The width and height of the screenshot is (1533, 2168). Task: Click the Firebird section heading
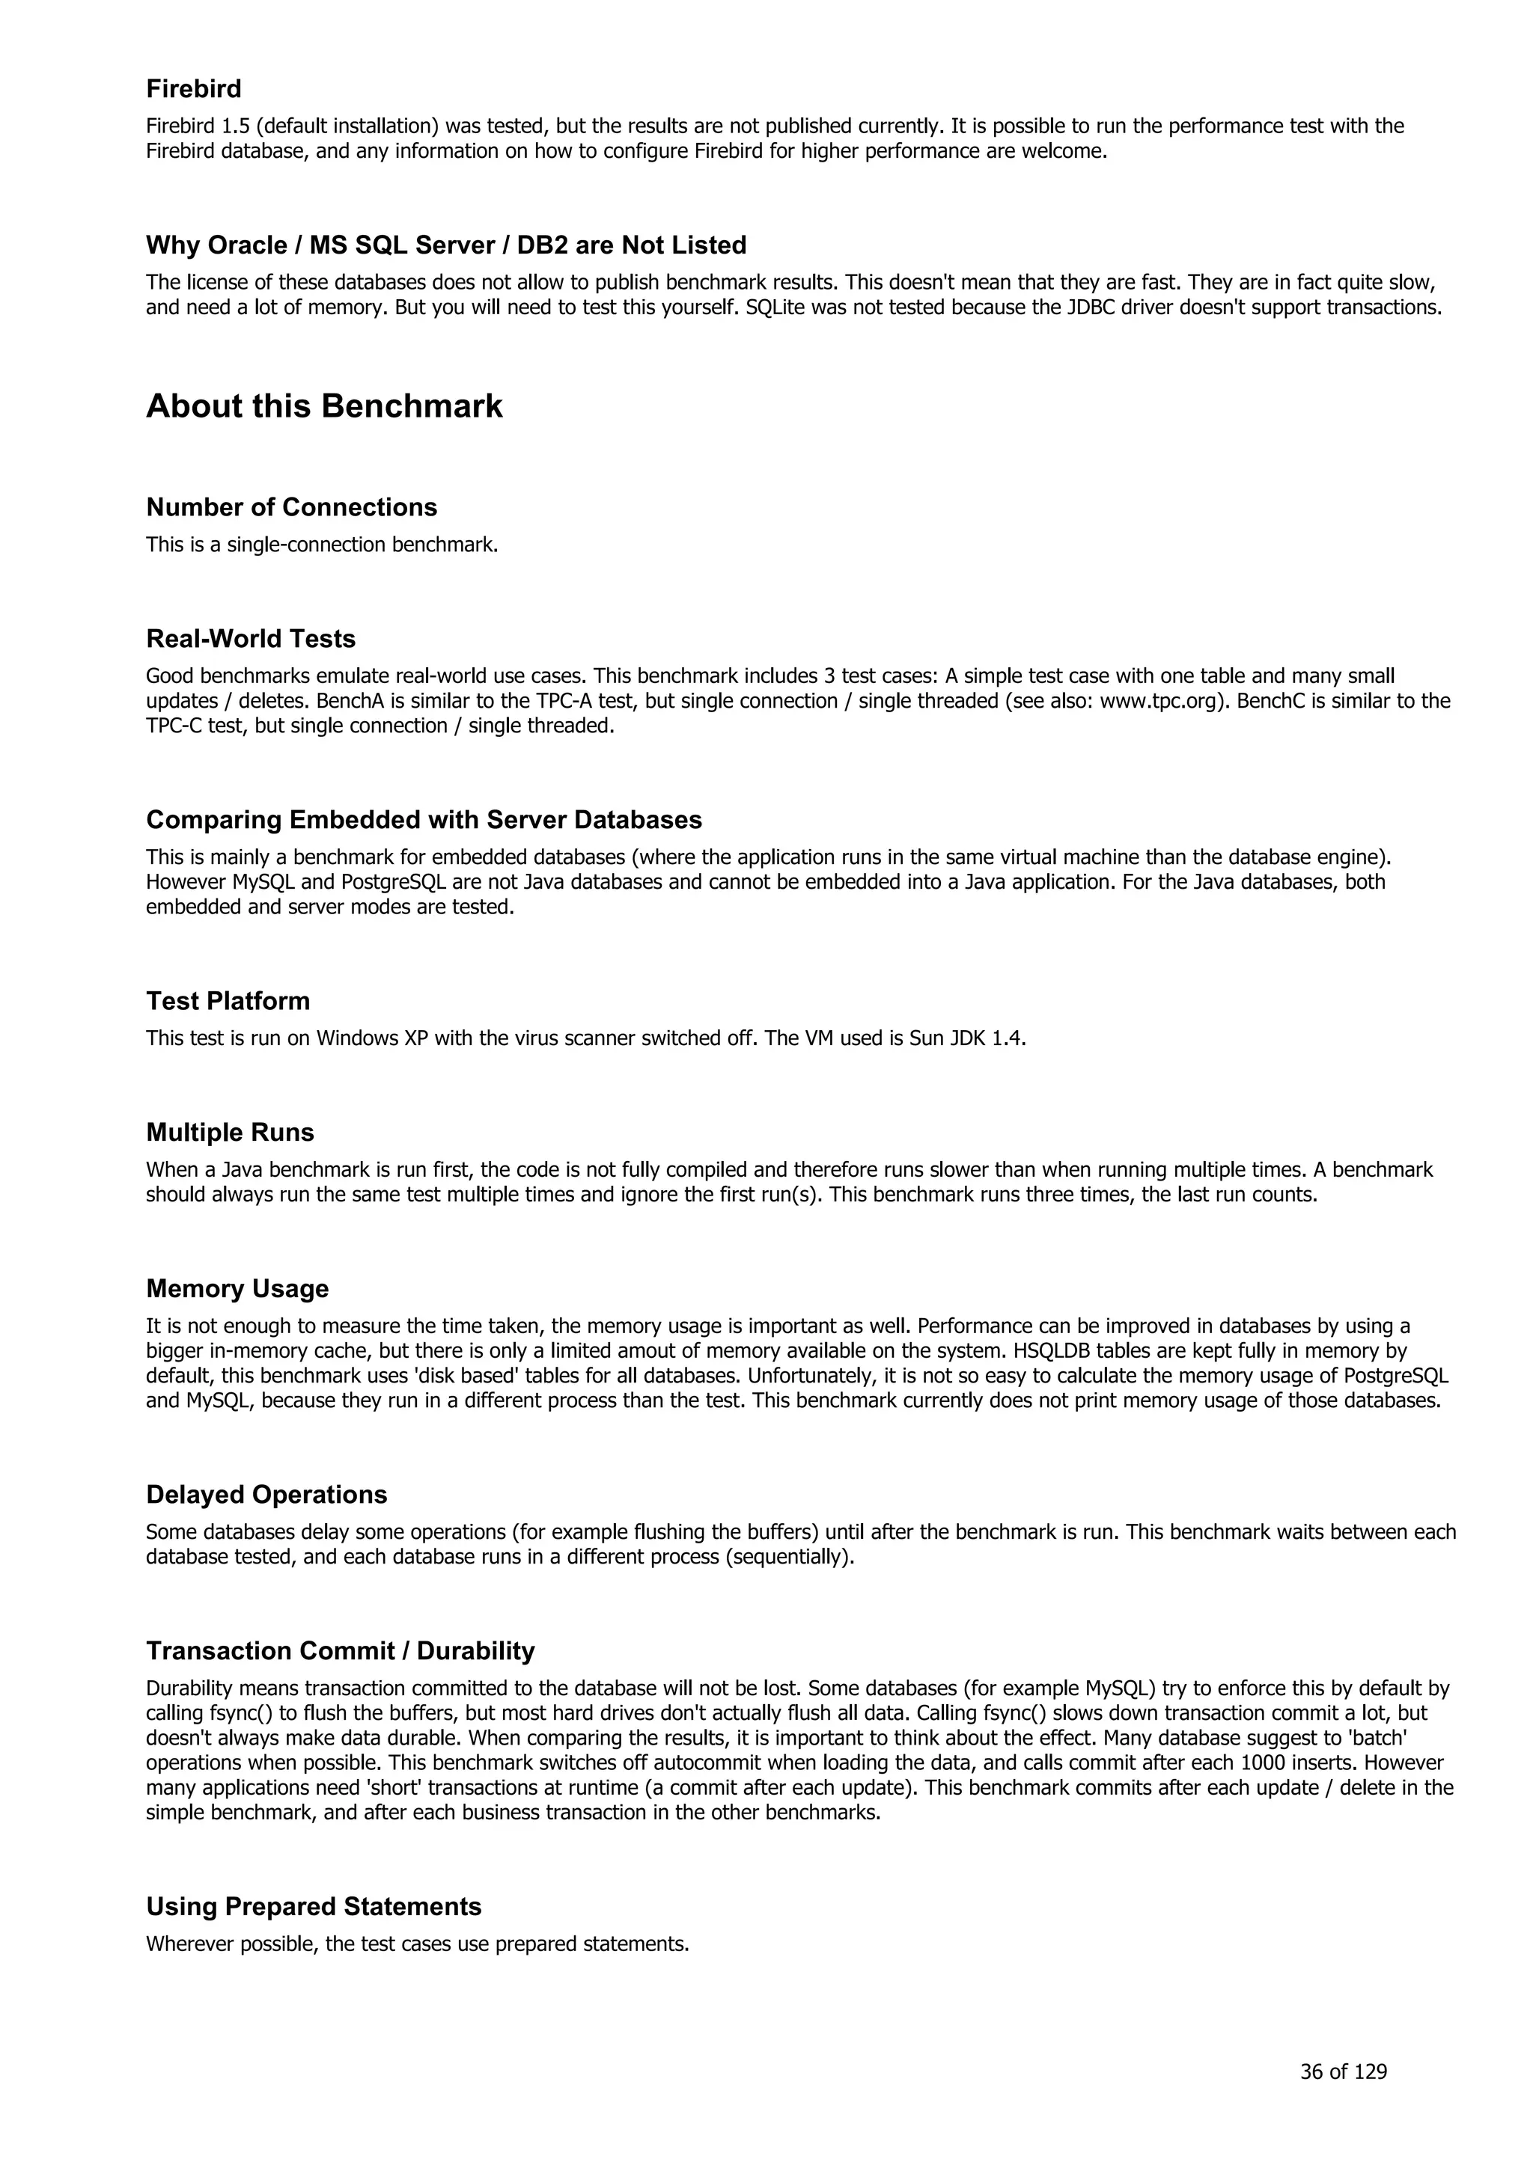(194, 89)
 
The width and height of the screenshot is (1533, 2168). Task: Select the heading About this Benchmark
(324, 406)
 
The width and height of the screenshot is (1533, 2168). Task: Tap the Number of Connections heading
(291, 507)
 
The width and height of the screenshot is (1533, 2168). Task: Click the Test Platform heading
(228, 1001)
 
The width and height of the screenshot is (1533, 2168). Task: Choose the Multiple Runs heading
(230, 1132)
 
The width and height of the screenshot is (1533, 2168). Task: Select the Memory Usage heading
(237, 1289)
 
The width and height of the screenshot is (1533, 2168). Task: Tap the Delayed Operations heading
(266, 1495)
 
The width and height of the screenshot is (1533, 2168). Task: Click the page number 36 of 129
(1343, 2071)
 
